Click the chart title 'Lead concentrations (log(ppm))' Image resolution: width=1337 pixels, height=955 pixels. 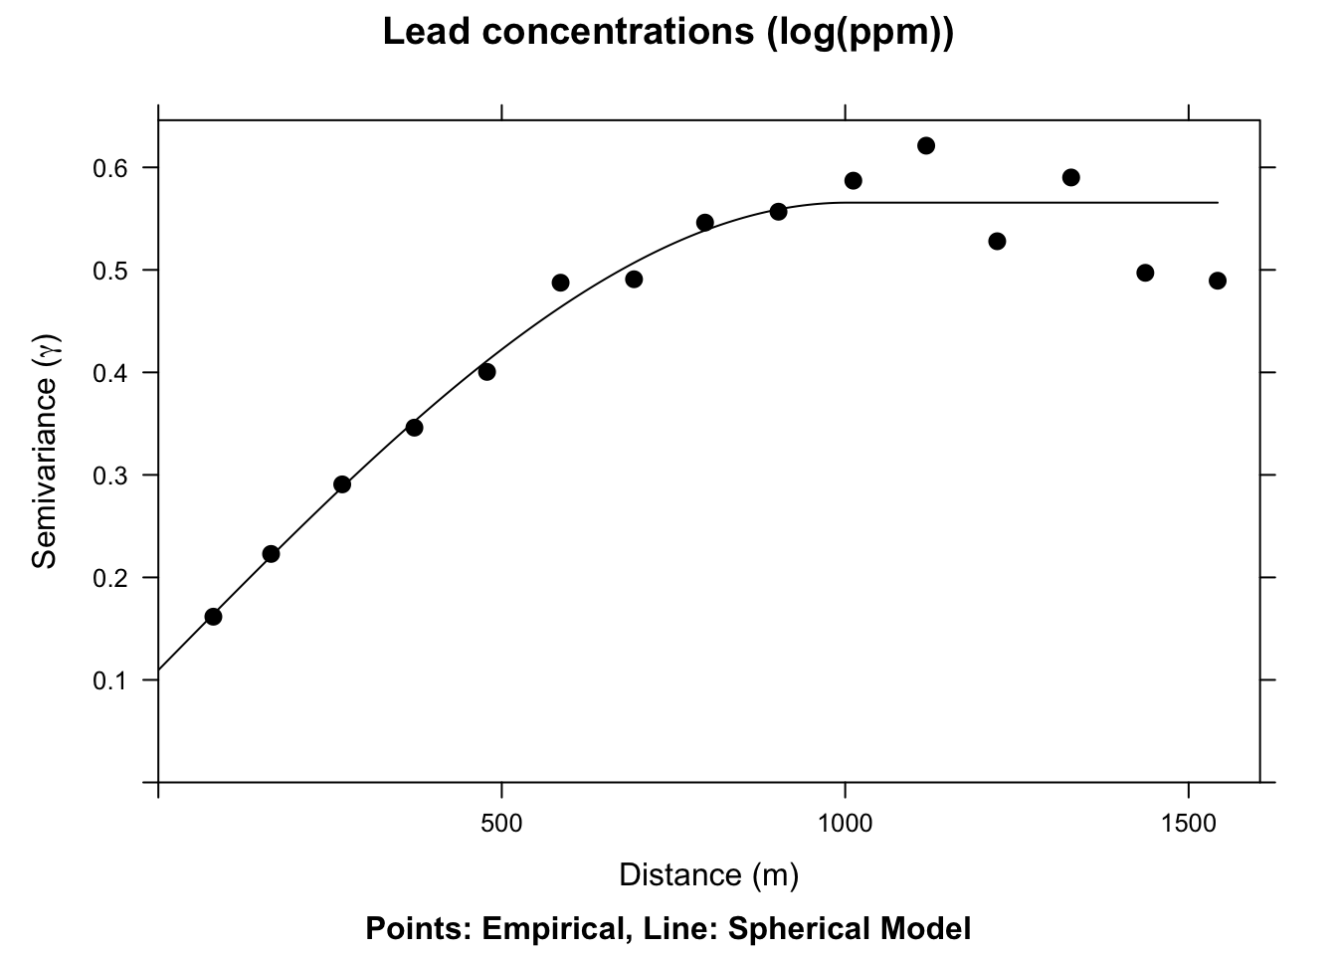pos(668,33)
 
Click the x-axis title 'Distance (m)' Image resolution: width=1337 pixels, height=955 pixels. pos(708,874)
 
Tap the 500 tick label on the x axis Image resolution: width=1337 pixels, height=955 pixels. pos(501,824)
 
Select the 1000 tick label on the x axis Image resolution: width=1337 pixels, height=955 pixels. pos(845,824)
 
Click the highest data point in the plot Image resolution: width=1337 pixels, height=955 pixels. pos(925,146)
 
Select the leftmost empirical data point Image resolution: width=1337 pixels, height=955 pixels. pos(213,617)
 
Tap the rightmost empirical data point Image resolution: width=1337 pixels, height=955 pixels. pos(1218,281)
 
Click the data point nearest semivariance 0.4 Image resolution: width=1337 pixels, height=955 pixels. pos(486,372)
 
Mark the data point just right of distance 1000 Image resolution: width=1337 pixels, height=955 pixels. pos(853,180)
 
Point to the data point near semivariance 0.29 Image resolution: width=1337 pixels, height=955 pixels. pos(342,484)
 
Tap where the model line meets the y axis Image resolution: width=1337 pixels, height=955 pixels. pos(159,669)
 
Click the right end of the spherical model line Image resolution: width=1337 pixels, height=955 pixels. pos(1218,203)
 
